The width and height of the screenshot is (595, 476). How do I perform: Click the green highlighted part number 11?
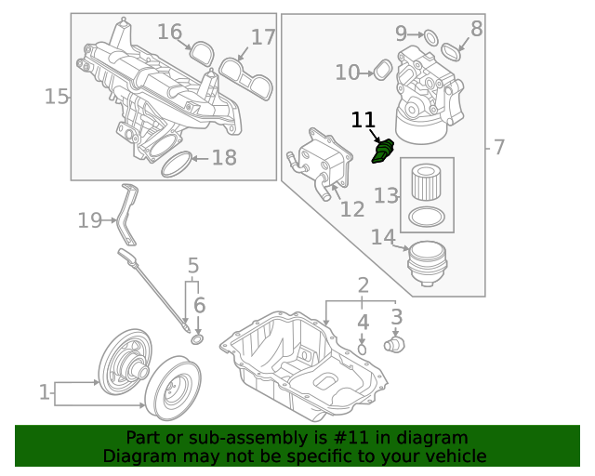(x=382, y=152)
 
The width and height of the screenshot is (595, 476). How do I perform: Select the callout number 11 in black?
(x=363, y=120)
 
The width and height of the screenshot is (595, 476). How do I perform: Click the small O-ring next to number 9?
(x=430, y=36)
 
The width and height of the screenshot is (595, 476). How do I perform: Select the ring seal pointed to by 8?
(x=450, y=50)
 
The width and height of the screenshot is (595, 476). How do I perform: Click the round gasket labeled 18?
(x=178, y=165)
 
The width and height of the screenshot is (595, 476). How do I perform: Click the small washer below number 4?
(x=363, y=349)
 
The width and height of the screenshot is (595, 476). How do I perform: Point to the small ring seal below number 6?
(x=197, y=339)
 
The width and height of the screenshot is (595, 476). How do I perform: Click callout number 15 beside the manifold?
(x=57, y=96)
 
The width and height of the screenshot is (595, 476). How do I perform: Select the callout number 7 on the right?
(x=498, y=146)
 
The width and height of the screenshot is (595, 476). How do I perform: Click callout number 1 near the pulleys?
(x=44, y=392)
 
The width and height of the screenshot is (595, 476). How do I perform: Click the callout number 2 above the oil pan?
(x=363, y=284)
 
